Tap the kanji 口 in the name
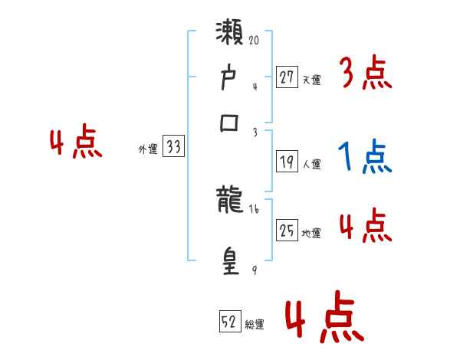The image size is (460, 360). click(230, 122)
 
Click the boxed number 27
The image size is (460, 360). click(287, 77)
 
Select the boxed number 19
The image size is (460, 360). click(287, 162)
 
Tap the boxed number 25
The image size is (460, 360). click(287, 230)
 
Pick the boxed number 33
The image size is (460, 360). click(174, 147)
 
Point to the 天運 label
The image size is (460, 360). click(311, 80)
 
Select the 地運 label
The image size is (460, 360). click(311, 233)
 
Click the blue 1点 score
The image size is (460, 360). click(364, 156)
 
